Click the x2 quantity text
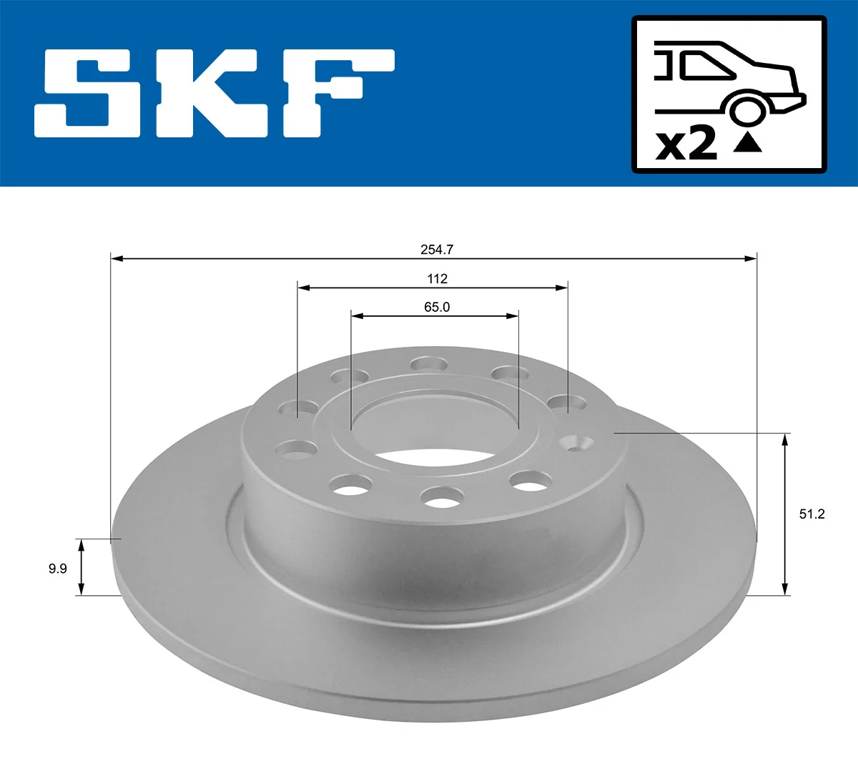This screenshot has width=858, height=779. pyautogui.click(x=686, y=144)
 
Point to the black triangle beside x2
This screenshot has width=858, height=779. pyautogui.click(x=748, y=142)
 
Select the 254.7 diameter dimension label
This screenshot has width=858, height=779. pyautogui.click(x=437, y=250)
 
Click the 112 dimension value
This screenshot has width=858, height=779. pyautogui.click(x=437, y=279)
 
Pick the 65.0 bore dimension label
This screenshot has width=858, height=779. pyautogui.click(x=437, y=308)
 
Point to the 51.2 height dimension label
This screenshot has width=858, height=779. pyautogui.click(x=812, y=514)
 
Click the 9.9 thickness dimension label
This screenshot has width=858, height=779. pyautogui.click(x=57, y=569)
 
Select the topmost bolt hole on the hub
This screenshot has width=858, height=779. pyautogui.click(x=429, y=364)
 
